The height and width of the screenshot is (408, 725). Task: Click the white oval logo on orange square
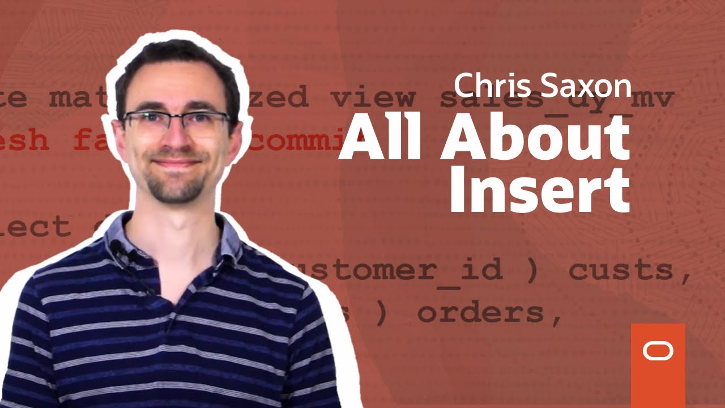pyautogui.click(x=658, y=351)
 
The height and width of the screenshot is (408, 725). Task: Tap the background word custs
pyautogui.click(x=628, y=271)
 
